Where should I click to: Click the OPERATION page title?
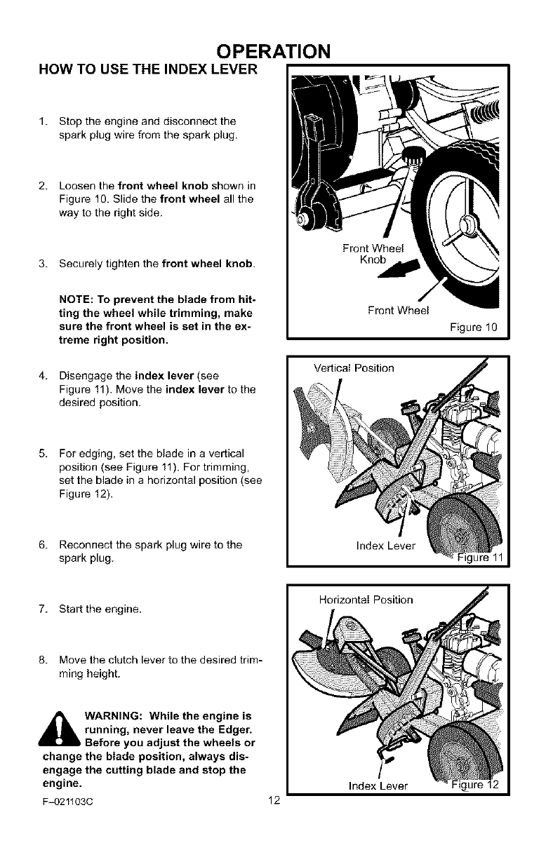[273, 52]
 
